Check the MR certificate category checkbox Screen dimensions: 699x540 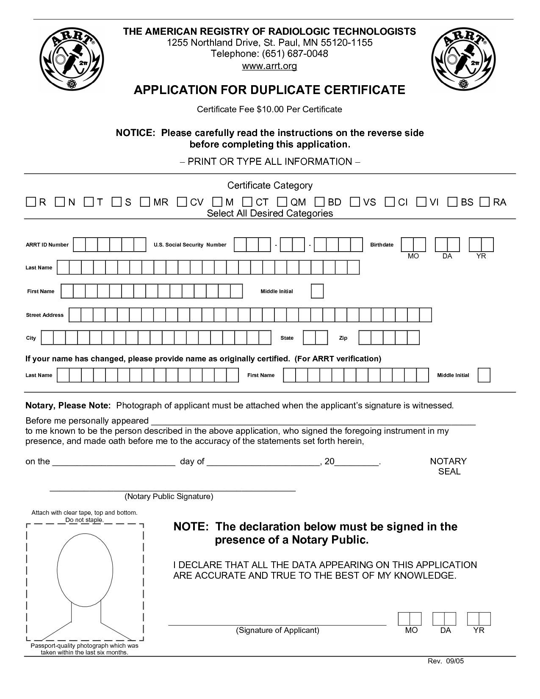(145, 202)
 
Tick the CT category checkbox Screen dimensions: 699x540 (247, 202)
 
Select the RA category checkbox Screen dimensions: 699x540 (485, 202)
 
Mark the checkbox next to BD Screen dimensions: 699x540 (320, 202)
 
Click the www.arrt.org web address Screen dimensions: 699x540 (269, 66)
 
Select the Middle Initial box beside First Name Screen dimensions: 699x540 (317, 291)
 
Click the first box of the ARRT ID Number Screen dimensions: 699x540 (79, 245)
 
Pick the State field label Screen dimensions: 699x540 (287, 338)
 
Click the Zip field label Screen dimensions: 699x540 (343, 338)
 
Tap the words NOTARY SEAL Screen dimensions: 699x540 (448, 466)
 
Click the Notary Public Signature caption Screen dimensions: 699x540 (169, 497)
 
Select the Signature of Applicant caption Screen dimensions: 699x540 (277, 630)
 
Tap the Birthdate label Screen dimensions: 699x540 (382, 245)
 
